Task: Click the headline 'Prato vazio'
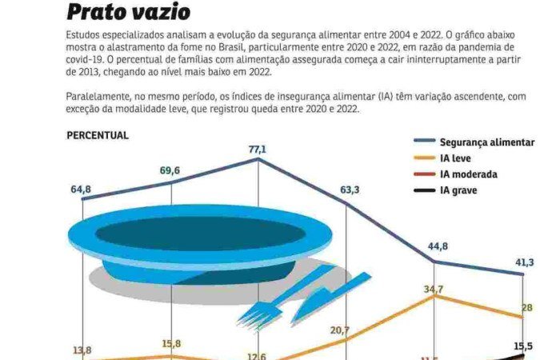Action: (x=129, y=12)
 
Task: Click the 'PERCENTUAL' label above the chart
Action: (x=97, y=135)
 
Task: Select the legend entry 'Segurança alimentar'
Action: (x=487, y=142)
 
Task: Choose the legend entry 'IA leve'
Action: (x=457, y=158)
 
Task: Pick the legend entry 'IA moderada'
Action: (x=469, y=174)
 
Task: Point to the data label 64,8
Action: (x=81, y=189)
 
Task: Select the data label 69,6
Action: (x=170, y=170)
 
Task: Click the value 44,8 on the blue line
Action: (x=438, y=246)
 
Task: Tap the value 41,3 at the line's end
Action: (x=523, y=262)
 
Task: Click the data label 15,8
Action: (x=172, y=344)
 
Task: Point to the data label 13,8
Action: (x=82, y=350)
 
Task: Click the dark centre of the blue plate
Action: (x=196, y=233)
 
